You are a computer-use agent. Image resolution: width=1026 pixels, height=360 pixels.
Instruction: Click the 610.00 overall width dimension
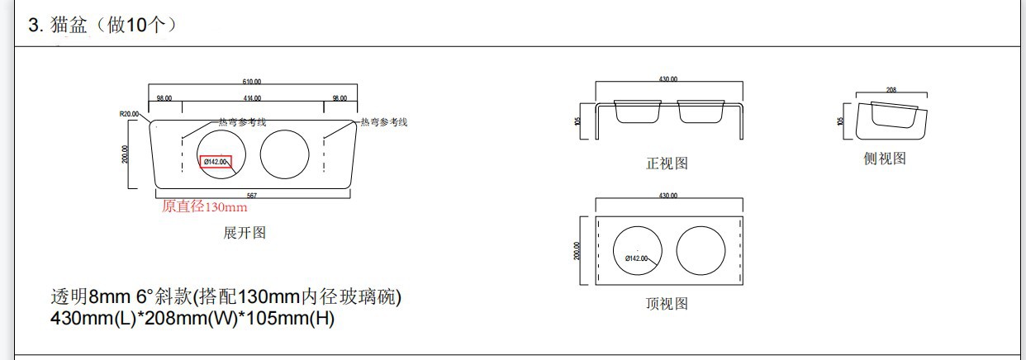(x=252, y=82)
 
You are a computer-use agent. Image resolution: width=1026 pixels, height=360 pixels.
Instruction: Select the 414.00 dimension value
(x=252, y=98)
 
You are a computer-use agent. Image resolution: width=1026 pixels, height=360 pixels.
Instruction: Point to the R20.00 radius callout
(x=130, y=115)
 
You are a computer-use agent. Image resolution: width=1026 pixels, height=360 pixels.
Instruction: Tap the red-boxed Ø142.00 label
(x=216, y=162)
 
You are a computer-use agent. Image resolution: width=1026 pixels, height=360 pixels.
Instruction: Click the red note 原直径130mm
(x=204, y=207)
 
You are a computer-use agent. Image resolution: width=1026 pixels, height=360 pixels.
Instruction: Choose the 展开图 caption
(x=245, y=233)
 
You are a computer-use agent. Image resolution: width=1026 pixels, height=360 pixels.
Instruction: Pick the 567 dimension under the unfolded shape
(x=251, y=196)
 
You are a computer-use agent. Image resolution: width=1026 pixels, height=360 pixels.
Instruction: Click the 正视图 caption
(x=667, y=163)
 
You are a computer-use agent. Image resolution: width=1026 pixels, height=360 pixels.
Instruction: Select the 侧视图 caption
(x=885, y=159)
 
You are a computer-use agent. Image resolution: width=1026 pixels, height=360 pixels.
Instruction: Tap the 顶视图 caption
(x=667, y=304)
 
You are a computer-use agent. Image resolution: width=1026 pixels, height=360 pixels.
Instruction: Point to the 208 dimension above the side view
(x=891, y=90)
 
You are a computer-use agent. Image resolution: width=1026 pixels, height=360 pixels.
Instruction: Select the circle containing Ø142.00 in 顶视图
(x=638, y=249)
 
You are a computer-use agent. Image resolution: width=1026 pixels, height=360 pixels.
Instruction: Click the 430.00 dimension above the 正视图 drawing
(x=668, y=79)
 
